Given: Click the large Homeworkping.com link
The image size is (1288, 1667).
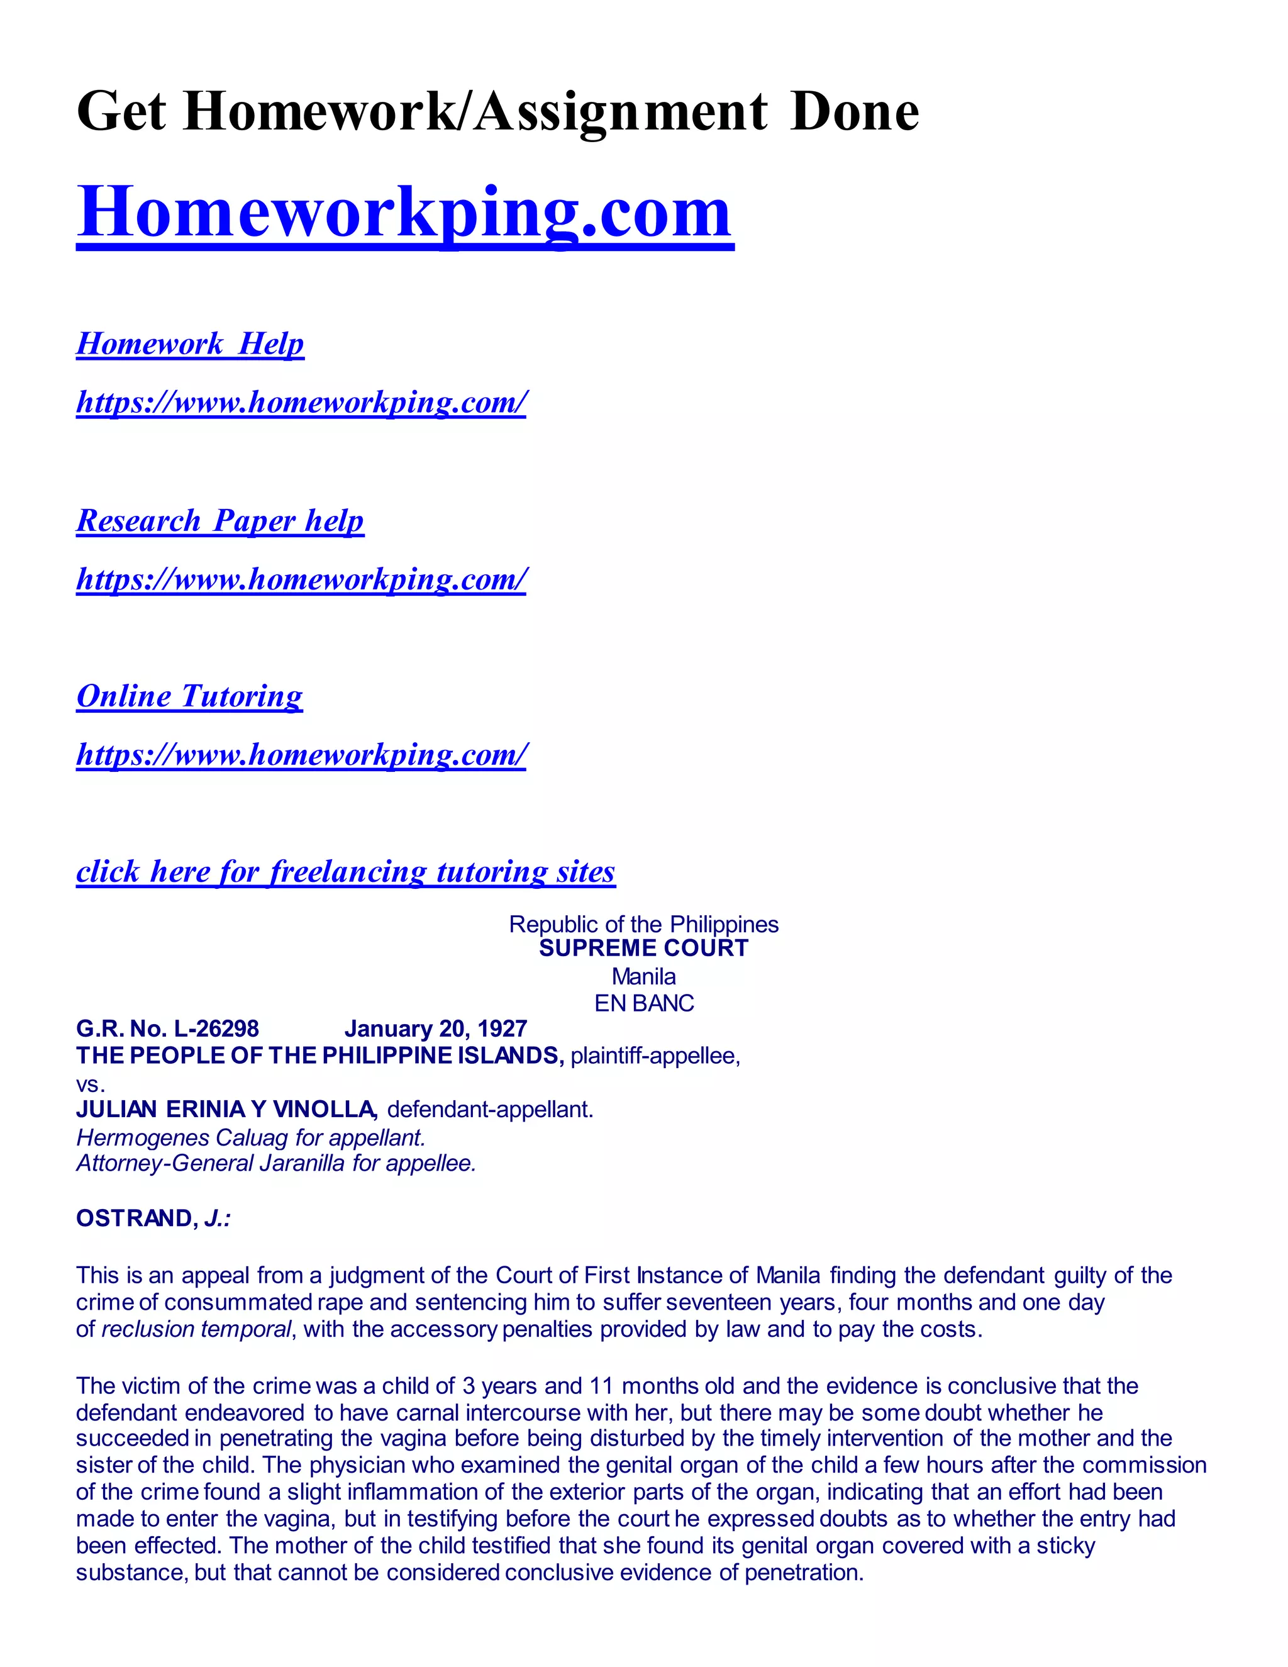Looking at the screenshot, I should click(x=404, y=214).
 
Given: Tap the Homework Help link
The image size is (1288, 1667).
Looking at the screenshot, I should click(x=190, y=344).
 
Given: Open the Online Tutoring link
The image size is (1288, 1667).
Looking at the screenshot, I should click(x=189, y=697).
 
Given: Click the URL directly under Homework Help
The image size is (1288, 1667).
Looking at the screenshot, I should click(x=301, y=402).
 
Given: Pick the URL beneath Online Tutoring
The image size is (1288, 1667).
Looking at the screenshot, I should click(x=301, y=755).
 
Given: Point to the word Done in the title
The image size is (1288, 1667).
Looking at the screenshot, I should click(x=855, y=112).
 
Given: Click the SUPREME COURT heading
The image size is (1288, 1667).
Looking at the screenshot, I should click(x=643, y=949).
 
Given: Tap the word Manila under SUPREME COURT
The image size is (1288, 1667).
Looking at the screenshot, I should click(x=643, y=976).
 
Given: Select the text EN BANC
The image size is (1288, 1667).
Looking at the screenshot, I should click(x=643, y=1003).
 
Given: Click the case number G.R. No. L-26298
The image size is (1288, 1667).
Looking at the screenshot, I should click(x=168, y=1029).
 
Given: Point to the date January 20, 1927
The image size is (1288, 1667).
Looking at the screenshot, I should click(x=436, y=1029).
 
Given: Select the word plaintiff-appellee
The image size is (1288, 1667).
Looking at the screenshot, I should click(x=653, y=1056).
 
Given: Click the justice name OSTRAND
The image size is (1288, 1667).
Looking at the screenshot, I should click(x=136, y=1218).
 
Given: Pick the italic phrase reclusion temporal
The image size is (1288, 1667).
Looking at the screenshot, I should click(x=196, y=1330).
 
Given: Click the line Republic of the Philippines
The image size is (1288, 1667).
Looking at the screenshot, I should click(x=643, y=924).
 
